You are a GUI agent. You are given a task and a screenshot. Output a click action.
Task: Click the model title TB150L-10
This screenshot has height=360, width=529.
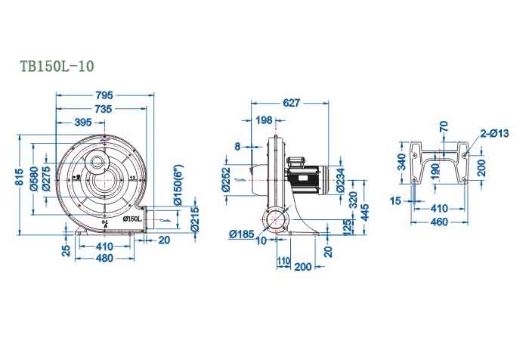pos(57,67)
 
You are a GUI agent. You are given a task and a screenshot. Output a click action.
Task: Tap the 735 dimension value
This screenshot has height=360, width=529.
pos(104,109)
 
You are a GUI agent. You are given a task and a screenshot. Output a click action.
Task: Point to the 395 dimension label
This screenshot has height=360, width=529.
pos(83,123)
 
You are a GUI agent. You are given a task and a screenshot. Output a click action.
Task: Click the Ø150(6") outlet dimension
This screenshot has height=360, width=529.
pos(180,187)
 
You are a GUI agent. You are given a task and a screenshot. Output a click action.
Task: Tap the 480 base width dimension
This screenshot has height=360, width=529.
pos(105,258)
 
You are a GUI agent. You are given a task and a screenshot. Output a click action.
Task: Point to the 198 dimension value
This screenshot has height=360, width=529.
pos(264,120)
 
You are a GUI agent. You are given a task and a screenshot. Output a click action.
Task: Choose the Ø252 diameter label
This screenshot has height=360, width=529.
pos(225,180)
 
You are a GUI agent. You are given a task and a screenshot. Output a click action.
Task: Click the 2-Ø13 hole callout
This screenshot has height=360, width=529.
pos(493,133)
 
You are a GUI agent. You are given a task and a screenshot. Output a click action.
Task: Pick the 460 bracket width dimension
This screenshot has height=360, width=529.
pos(438,222)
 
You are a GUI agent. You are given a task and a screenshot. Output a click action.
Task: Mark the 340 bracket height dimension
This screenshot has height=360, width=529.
pos(402,162)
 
